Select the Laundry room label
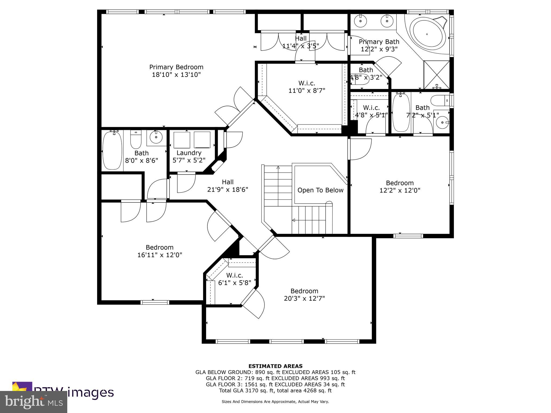point(189,153)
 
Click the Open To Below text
point(320,190)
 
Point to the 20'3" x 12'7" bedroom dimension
point(304,298)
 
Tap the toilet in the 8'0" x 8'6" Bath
point(136,140)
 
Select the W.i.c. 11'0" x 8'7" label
point(307,87)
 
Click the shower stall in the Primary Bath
point(436,75)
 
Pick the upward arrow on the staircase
point(278,168)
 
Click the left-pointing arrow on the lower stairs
point(294,220)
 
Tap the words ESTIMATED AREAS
point(275,366)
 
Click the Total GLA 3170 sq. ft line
point(275,390)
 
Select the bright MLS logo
point(33,402)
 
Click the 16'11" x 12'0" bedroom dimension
point(160,255)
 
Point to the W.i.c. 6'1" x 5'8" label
point(235,279)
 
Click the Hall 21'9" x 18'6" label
point(228,186)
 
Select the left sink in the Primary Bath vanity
point(360,20)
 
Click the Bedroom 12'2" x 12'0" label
point(400,187)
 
